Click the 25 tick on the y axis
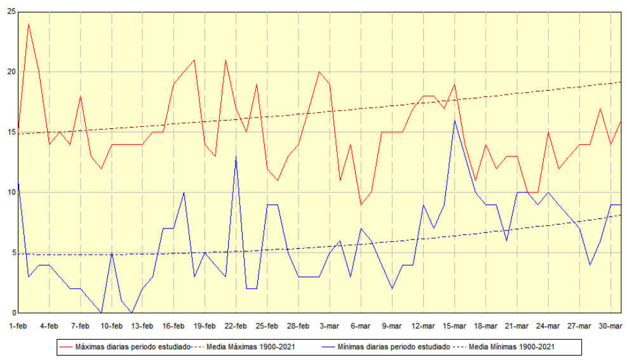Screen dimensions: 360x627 [9, 11]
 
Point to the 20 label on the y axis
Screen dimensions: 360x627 [9, 72]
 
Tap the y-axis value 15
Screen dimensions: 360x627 [9, 132]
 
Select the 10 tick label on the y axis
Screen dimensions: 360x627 [9, 192]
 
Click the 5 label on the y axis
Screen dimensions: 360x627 [11, 253]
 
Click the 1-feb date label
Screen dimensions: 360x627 [18, 326]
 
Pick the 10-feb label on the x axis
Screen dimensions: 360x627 [111, 326]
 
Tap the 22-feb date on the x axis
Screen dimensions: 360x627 [236, 326]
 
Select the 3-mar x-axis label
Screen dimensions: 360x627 [330, 326]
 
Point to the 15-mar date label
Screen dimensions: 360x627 [454, 326]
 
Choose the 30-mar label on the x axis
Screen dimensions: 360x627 [610, 326]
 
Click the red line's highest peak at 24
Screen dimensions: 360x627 [29, 23]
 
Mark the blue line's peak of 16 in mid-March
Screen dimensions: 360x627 [455, 120]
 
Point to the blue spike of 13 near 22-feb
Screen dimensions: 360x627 [236, 156]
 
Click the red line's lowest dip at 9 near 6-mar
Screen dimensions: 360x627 [361, 204]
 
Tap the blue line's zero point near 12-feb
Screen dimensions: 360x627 [131, 312]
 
